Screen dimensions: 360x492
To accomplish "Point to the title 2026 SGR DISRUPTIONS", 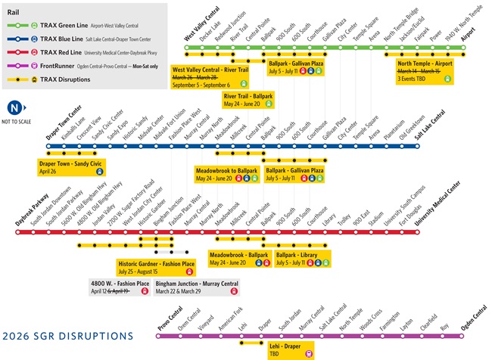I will click(68, 335).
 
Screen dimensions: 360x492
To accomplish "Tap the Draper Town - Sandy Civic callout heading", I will click(72, 163).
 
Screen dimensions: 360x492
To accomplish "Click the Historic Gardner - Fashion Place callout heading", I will click(156, 263).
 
